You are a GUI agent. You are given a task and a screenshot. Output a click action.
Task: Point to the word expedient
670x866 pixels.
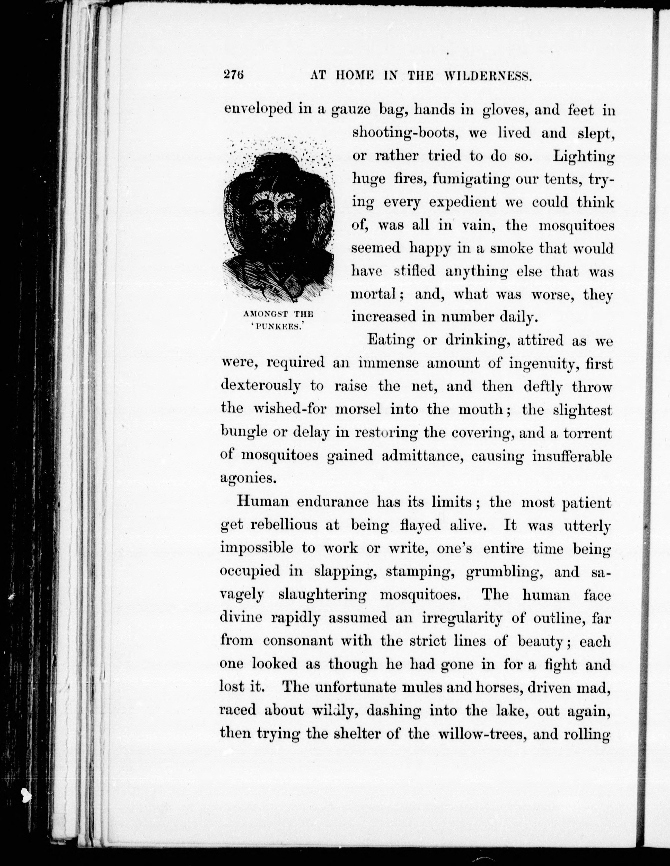coord(463,202)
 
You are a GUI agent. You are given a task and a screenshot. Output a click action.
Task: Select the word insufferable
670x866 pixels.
coord(572,456)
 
